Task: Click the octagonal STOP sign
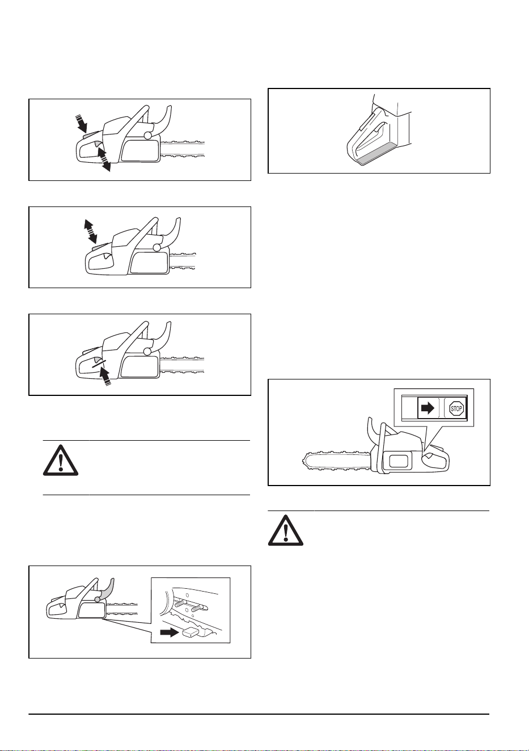(x=456, y=408)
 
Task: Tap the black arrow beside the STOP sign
(x=428, y=408)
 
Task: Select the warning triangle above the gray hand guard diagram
(x=61, y=461)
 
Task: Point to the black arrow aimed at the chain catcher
(x=170, y=632)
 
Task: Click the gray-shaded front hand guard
(x=107, y=591)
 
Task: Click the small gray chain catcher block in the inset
(x=191, y=632)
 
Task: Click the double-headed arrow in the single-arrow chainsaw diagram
(x=90, y=231)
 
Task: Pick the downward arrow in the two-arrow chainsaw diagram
(x=81, y=123)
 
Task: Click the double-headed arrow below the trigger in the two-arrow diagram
(x=104, y=159)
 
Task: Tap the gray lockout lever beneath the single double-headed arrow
(x=98, y=247)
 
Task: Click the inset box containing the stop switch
(x=434, y=407)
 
